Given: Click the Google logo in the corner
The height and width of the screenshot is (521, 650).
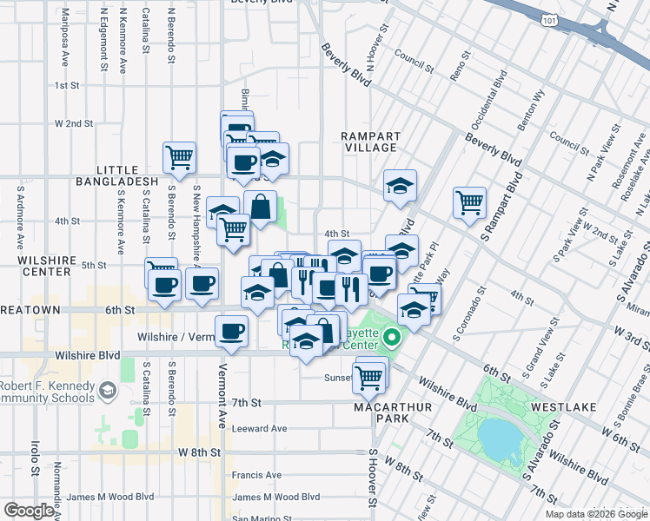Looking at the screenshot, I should [29, 510].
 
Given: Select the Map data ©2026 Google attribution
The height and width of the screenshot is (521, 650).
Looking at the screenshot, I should [595, 514].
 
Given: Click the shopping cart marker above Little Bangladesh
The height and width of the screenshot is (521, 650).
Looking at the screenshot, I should [180, 158].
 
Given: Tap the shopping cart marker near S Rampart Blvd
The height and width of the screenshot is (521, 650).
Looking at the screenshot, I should [469, 202].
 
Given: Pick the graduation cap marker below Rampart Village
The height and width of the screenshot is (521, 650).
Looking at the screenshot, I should [400, 185].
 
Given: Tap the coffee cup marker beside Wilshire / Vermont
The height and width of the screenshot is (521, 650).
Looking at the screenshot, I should [231, 331].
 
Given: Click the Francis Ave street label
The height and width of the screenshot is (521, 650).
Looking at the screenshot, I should [257, 475].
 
